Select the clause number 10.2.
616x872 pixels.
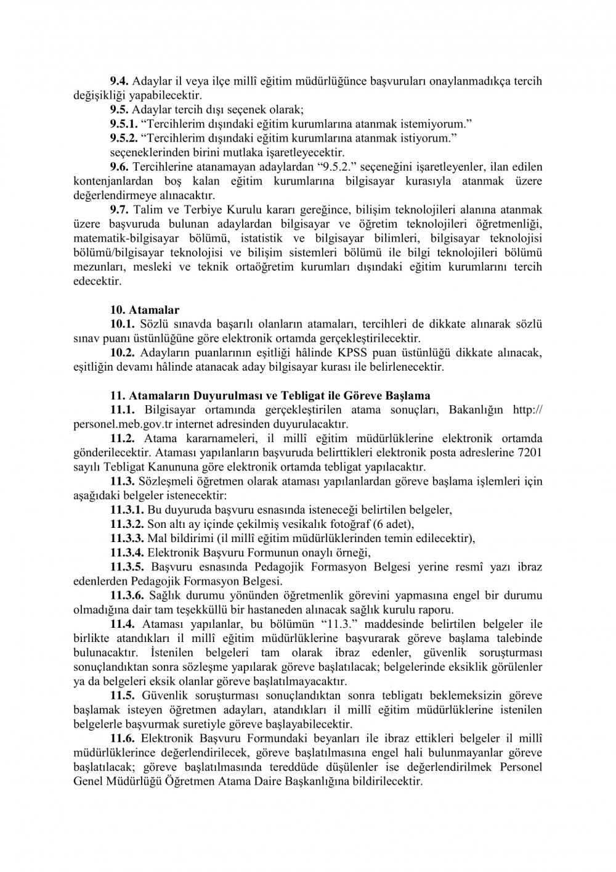point(123,353)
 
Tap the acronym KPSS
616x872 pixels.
point(373,353)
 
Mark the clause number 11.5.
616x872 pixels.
point(123,695)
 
